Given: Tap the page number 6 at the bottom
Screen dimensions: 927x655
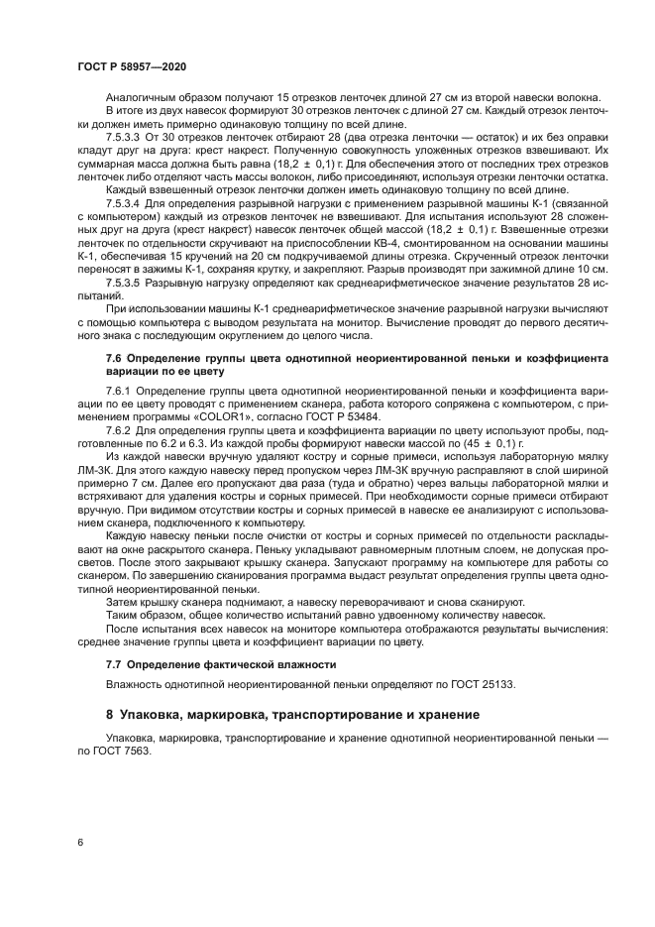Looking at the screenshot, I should [x=79, y=843].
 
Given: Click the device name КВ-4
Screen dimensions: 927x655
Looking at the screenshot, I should [x=342, y=255].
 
